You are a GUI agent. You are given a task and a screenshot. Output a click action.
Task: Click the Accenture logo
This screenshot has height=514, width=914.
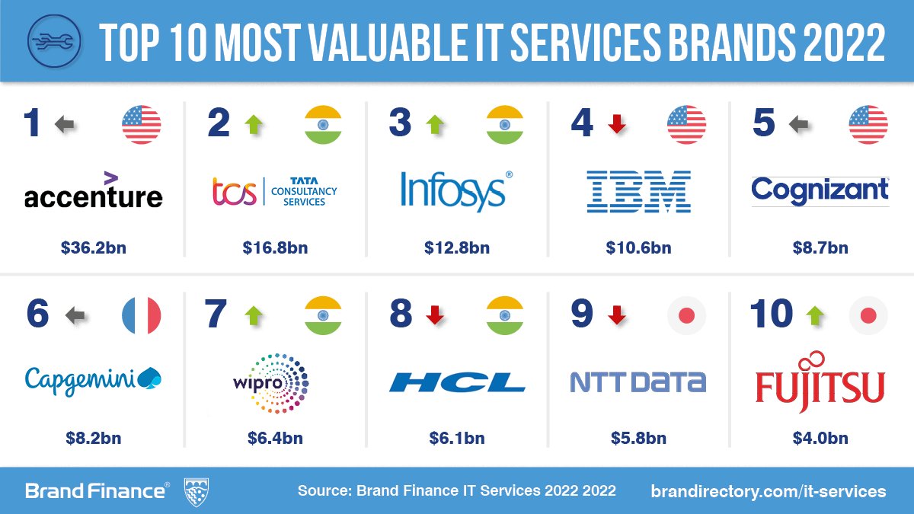point(93,192)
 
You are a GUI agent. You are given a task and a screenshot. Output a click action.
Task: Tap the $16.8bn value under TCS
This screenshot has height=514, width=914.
point(275,248)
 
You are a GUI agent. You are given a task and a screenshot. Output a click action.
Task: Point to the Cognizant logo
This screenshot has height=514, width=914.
point(820,190)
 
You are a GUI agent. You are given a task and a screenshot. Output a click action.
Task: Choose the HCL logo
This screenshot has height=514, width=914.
point(456,382)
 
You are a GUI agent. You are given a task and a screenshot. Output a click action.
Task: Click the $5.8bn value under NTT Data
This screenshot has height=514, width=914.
point(638,439)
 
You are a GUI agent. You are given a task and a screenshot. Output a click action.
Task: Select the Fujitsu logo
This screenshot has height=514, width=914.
point(820,381)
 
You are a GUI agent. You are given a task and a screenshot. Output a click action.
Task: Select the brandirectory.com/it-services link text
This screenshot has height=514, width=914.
point(768,491)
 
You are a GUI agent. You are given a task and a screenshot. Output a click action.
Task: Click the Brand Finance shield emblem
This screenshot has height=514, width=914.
point(197,490)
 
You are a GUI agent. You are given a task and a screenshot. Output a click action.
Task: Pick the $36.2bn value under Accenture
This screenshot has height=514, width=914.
point(93,248)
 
